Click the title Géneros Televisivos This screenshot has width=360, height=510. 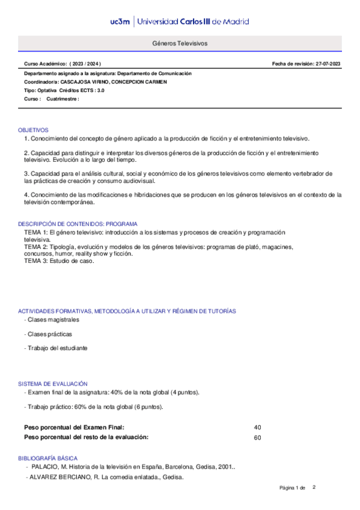(x=180, y=45)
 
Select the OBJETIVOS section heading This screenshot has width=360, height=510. (x=33, y=130)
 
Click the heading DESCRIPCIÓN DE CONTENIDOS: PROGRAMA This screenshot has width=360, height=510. (x=78, y=224)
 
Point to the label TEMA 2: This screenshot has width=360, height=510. (x=35, y=247)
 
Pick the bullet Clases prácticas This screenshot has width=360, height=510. (x=50, y=333)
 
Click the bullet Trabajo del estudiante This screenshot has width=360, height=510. (x=57, y=348)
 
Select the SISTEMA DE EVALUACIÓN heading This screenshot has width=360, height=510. (x=53, y=384)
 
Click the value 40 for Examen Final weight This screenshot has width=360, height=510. (x=258, y=427)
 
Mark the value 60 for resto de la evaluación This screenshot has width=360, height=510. (x=258, y=437)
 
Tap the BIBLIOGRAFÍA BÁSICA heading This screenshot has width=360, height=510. (x=47, y=458)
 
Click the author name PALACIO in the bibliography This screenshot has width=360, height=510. (x=45, y=467)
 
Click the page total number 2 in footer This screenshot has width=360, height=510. (x=314, y=487)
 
